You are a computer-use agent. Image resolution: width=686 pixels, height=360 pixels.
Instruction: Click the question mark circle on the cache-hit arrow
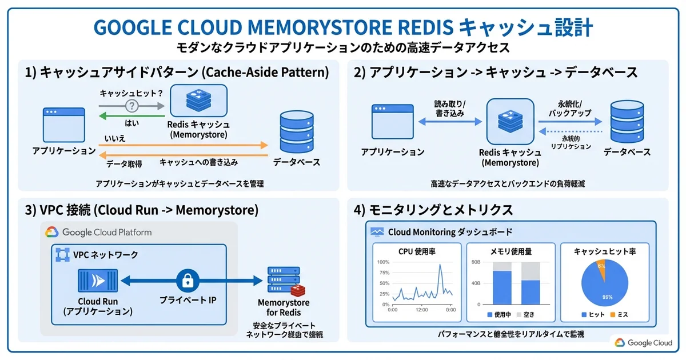(x=133, y=105)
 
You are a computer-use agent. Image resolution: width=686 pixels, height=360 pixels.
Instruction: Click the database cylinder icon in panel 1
(x=296, y=132)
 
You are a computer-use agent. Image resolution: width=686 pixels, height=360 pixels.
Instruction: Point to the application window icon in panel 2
(x=392, y=122)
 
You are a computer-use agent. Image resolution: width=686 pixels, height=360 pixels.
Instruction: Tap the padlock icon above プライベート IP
(x=187, y=280)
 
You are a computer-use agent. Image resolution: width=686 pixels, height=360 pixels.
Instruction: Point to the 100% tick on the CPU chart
(x=383, y=262)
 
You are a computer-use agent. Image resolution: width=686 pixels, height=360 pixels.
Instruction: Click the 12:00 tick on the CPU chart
(x=421, y=310)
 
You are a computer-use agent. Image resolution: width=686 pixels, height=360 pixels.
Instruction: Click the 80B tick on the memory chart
(x=475, y=262)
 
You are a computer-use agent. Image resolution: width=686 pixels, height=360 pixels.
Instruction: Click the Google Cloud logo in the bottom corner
(x=644, y=343)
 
